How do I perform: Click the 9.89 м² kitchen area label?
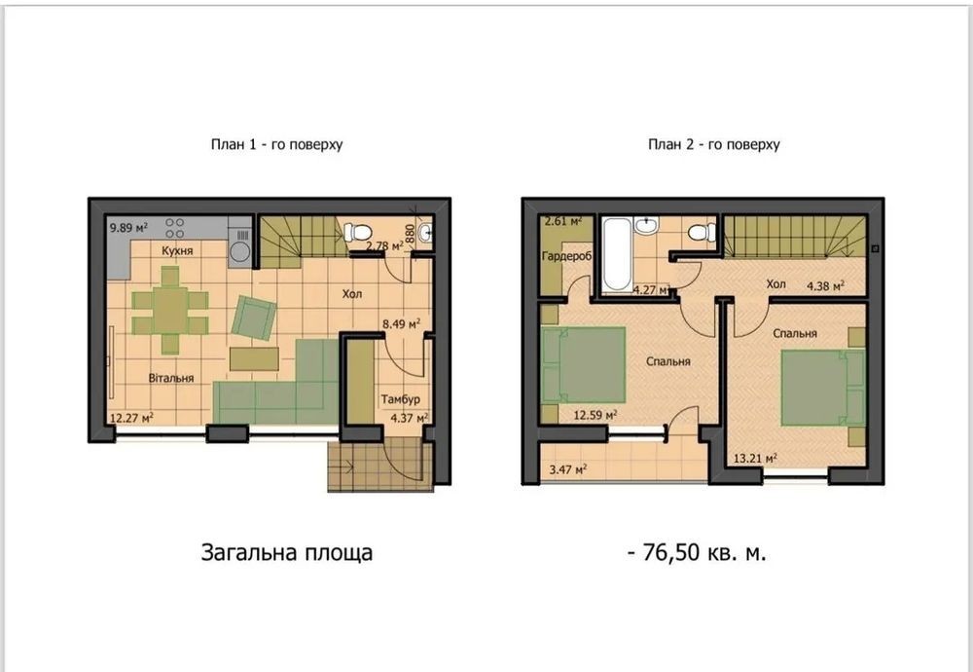[129, 228]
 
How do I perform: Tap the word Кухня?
[177, 251]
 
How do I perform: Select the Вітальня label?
[171, 378]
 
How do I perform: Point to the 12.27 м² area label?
[131, 418]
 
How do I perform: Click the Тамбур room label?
[400, 399]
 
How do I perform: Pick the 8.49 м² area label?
[402, 323]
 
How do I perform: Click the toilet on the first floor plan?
[357, 233]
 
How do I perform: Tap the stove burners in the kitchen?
[174, 228]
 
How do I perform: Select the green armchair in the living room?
[253, 317]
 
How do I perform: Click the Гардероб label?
[566, 256]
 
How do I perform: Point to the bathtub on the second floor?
[617, 254]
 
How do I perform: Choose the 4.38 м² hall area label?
[825, 286]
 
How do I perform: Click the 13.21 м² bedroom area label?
[755, 459]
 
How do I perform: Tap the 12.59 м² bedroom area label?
[595, 415]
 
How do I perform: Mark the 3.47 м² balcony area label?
[568, 470]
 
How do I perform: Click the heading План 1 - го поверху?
[276, 145]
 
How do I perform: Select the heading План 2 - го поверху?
[713, 145]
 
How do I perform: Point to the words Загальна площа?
[287, 553]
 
